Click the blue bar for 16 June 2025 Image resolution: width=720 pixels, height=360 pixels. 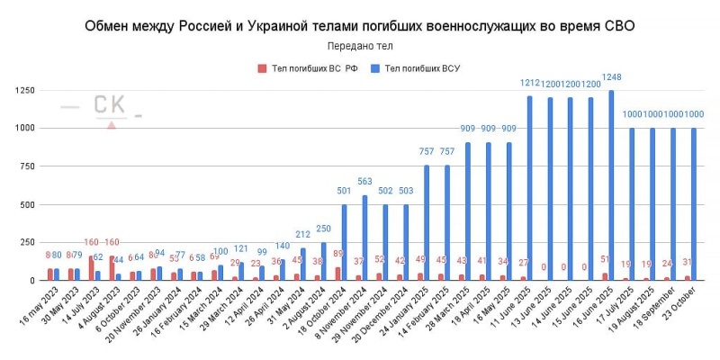tap(611, 185)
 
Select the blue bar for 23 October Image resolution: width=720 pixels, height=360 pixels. tap(694, 204)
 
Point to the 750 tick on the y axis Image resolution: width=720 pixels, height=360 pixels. tap(26, 166)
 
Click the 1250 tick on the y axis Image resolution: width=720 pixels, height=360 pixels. tap(24, 90)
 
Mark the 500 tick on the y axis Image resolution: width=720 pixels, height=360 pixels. tap(26, 204)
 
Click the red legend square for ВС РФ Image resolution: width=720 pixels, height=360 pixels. tap(262, 67)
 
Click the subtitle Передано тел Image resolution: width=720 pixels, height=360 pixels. tap(360, 45)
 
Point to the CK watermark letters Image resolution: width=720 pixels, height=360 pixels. tap(111, 105)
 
